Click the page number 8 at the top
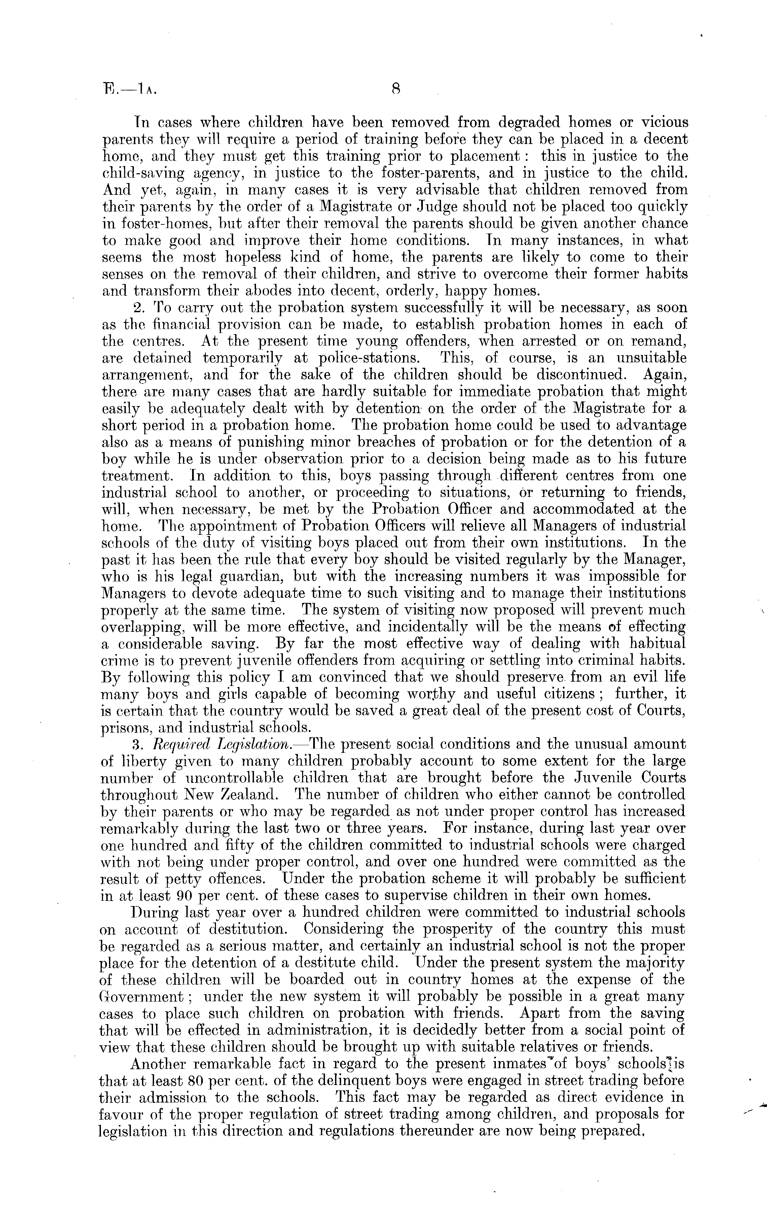tap(396, 90)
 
